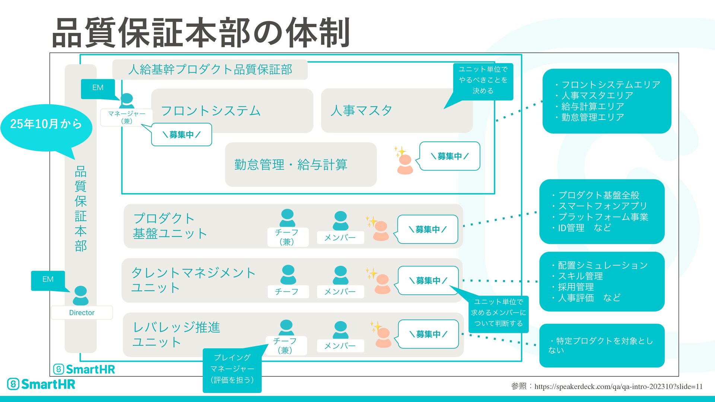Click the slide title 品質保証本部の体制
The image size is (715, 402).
point(201,33)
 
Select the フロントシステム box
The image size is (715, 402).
point(232,111)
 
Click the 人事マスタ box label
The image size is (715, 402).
point(361,111)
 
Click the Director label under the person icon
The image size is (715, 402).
point(82,313)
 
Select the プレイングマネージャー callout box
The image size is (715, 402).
point(232,368)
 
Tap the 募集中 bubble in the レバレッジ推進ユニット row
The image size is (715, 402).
point(428,334)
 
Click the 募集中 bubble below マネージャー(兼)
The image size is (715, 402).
point(182,135)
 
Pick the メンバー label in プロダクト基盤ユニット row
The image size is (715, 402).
point(340,237)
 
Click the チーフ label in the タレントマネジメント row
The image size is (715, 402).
point(287,291)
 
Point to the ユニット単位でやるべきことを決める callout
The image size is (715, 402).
point(483,80)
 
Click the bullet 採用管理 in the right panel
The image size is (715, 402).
point(576,287)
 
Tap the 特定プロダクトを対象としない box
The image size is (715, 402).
point(601,345)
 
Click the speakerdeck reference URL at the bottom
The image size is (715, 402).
point(618,387)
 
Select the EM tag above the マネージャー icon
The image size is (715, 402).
point(98,88)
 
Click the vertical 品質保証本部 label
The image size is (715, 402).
point(81,208)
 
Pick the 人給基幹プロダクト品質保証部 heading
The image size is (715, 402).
point(210,70)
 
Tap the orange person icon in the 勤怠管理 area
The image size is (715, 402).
point(405,164)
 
